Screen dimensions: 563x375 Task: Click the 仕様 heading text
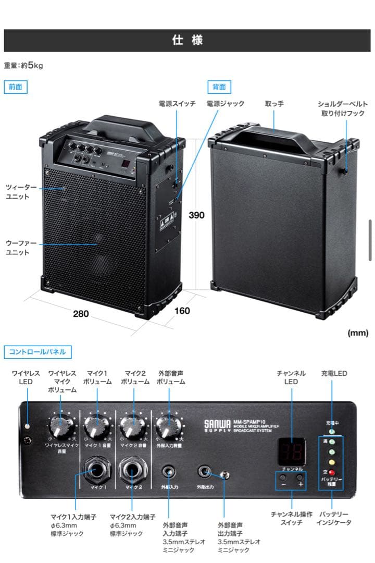tap(187, 40)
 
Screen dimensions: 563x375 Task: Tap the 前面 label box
tap(16, 87)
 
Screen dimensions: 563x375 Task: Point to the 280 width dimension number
tap(81, 314)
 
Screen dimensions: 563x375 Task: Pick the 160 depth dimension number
tap(182, 311)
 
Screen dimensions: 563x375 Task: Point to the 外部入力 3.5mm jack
tap(169, 472)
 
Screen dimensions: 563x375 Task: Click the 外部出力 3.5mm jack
tap(204, 472)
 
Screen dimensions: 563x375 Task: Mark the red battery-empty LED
tap(332, 472)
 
